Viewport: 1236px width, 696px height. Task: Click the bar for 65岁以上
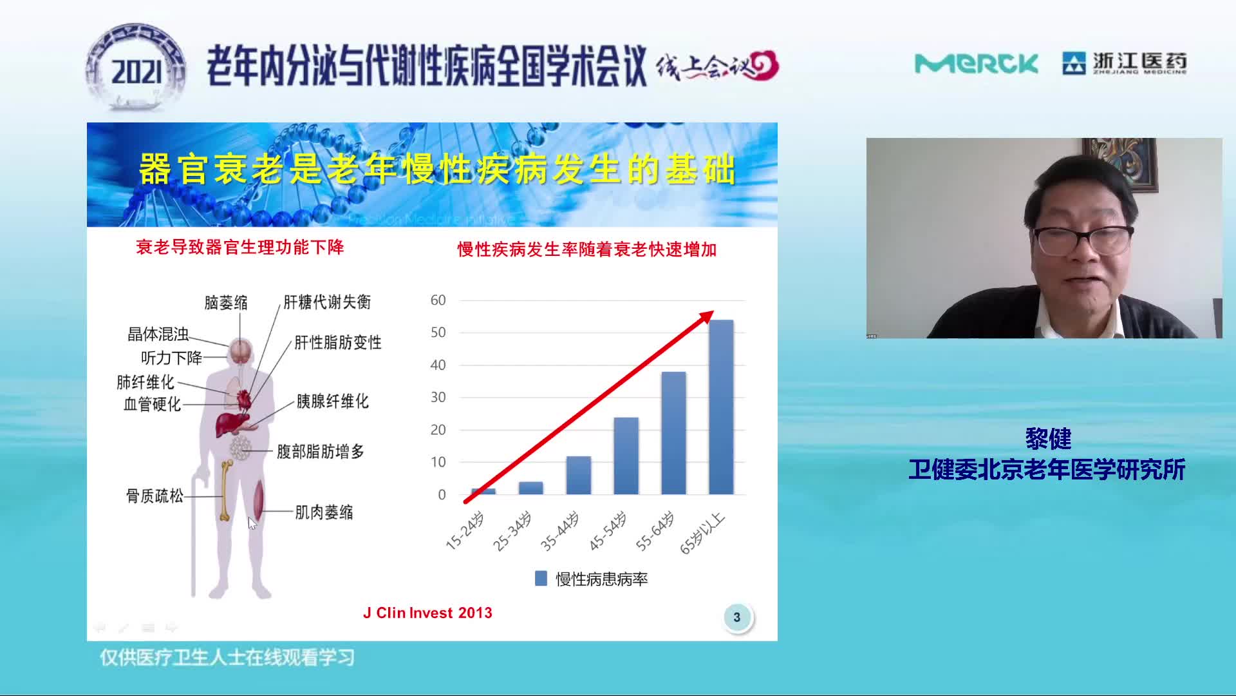(721, 407)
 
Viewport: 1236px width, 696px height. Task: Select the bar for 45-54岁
(626, 456)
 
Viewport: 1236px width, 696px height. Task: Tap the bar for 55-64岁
(673, 433)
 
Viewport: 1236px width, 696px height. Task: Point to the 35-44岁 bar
(578, 476)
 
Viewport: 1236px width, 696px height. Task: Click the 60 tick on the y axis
(438, 300)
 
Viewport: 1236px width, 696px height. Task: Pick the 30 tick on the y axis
(438, 398)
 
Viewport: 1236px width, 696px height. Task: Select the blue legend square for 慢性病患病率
(541, 578)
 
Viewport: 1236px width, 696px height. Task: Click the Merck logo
(976, 64)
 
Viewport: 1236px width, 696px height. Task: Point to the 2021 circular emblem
(136, 68)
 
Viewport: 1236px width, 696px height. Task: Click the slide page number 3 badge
(737, 617)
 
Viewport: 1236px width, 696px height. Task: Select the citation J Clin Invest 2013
(427, 613)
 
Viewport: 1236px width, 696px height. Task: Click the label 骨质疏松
(154, 496)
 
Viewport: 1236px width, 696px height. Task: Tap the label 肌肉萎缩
(324, 512)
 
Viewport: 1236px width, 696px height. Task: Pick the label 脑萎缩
(226, 302)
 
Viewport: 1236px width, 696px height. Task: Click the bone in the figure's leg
(225, 490)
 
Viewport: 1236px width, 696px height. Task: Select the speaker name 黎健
(1048, 439)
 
